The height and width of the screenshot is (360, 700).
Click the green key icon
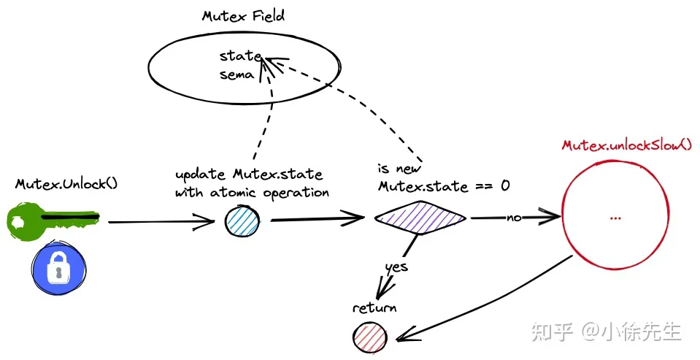[53, 220]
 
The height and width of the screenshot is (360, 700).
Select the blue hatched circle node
[242, 221]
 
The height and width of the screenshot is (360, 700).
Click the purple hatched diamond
[420, 218]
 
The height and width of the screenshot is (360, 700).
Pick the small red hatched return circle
[369, 337]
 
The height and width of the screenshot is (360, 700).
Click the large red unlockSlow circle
[615, 215]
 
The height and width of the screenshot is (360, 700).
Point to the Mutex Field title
[243, 16]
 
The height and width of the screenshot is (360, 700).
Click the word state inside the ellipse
[240, 56]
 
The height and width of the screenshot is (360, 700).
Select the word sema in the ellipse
[236, 74]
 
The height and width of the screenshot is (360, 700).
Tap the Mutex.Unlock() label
[66, 183]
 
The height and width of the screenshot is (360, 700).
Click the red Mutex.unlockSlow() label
[627, 145]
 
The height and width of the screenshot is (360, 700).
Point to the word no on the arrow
[514, 218]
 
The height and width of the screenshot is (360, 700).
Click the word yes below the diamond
[396, 267]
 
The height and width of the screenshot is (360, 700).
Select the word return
[374, 307]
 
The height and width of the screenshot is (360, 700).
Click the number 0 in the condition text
[505, 185]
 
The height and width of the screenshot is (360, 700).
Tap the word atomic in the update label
[233, 193]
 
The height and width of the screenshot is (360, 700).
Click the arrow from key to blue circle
[161, 221]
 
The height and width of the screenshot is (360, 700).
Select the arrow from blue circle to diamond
[318, 219]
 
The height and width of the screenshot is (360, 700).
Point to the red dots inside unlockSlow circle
[615, 218]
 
